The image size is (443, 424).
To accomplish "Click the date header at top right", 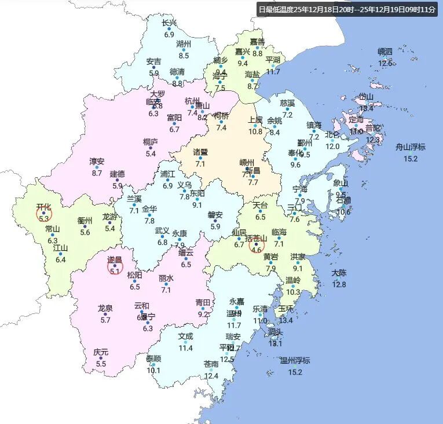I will (x=347, y=10).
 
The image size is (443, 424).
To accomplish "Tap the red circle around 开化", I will (x=44, y=214).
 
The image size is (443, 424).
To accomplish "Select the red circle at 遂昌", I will (x=115, y=266).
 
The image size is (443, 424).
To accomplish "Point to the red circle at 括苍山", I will (x=257, y=245).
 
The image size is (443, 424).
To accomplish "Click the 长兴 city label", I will (x=169, y=23).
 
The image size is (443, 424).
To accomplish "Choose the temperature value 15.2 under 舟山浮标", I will (x=411, y=159).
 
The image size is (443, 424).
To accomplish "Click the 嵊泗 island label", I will (x=385, y=52).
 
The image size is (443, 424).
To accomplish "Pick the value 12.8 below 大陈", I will (x=339, y=284).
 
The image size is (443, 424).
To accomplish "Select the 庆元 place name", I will (x=101, y=352).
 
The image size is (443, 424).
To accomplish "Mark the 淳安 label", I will (x=97, y=161).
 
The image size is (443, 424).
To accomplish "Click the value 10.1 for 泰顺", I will (x=153, y=371).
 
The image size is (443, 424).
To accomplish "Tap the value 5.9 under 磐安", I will (x=215, y=226).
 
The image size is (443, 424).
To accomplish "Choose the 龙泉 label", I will (x=105, y=308).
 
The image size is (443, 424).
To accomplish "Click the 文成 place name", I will (x=185, y=336).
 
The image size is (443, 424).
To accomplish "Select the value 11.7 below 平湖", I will (x=273, y=72).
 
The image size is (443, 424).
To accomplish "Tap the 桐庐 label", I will (x=151, y=141).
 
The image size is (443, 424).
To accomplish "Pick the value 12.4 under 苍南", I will (x=211, y=376).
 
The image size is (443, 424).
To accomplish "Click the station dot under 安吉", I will (x=153, y=67).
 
